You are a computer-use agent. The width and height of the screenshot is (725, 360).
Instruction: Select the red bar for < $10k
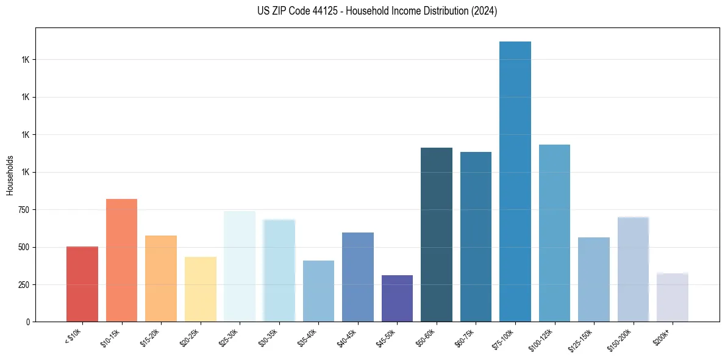(x=82, y=284)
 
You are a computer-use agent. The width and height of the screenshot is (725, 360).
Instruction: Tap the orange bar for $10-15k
(x=121, y=260)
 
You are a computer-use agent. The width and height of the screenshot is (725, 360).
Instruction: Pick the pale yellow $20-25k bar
(x=200, y=289)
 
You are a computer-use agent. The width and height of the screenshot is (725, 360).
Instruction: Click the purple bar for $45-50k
(x=397, y=298)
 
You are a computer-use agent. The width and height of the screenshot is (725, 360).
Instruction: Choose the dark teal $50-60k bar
(x=437, y=234)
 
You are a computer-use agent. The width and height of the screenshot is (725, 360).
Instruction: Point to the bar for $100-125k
(x=554, y=233)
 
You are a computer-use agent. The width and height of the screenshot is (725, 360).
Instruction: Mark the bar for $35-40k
(x=318, y=291)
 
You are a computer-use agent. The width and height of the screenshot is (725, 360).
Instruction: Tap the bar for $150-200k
(x=633, y=269)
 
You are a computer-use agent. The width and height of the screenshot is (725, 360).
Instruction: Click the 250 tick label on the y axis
(x=21, y=285)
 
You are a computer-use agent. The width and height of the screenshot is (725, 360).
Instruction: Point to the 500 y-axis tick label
(x=21, y=248)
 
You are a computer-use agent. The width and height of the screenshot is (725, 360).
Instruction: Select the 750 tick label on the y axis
(x=21, y=210)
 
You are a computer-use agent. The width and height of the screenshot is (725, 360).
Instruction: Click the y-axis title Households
(x=10, y=175)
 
